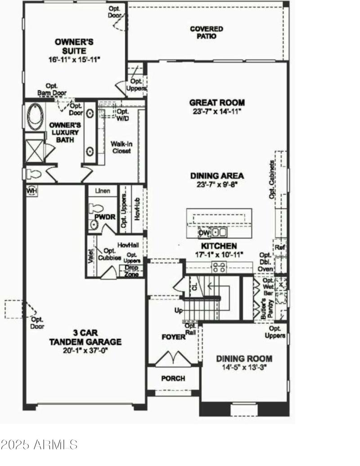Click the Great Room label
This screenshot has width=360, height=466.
(x=217, y=103)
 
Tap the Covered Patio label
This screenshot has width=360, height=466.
(x=206, y=33)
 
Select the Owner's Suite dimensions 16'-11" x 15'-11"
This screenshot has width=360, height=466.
(x=74, y=59)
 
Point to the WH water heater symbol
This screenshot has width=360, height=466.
(x=31, y=190)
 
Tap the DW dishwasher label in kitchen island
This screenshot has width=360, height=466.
(x=204, y=233)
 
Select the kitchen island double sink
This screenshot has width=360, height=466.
(x=219, y=233)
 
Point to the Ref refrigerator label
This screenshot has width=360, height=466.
(x=279, y=247)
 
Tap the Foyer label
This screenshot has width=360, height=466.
(x=173, y=337)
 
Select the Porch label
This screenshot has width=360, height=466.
(x=173, y=378)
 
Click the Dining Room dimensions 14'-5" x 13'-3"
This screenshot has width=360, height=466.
(x=244, y=367)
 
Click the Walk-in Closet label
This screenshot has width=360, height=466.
(x=121, y=148)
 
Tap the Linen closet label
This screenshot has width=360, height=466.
(x=103, y=191)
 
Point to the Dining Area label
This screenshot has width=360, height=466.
(x=217, y=175)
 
